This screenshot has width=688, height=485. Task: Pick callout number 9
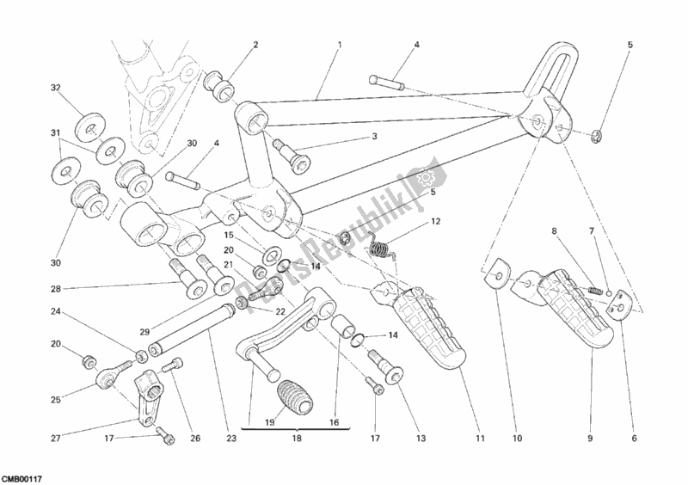(x=591, y=438)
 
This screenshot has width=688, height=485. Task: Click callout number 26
(x=195, y=437)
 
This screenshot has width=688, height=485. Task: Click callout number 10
(x=518, y=438)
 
